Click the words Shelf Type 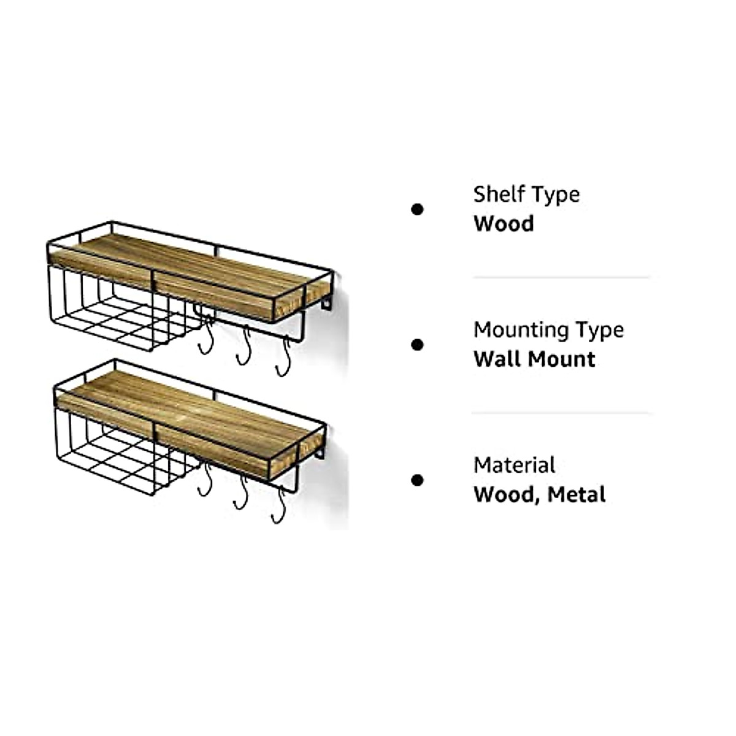(x=526, y=194)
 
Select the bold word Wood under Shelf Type (x=503, y=224)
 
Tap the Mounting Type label (x=548, y=330)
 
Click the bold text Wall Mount (x=534, y=359)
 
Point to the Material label (x=514, y=465)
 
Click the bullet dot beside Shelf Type (x=418, y=210)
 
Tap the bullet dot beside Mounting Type (x=418, y=345)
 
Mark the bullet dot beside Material (x=418, y=480)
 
